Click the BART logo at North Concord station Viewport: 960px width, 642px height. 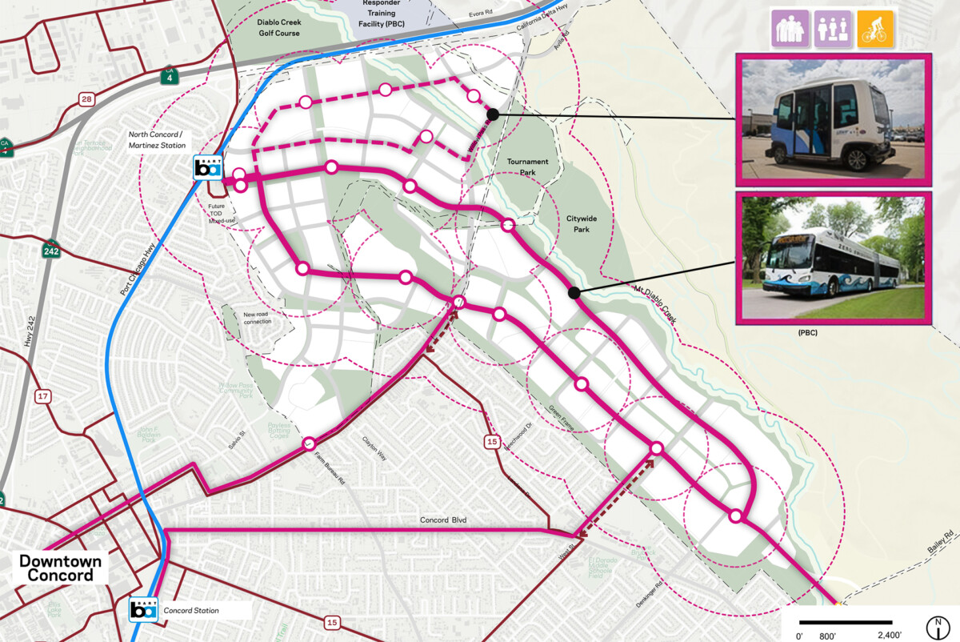point(207,168)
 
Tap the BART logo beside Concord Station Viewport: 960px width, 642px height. point(144,610)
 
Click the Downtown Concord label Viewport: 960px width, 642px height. point(61,568)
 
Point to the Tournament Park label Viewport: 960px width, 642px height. point(528,167)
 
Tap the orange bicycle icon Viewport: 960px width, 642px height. point(874,29)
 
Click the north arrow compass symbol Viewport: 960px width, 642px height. point(934,627)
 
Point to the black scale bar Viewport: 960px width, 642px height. point(846,622)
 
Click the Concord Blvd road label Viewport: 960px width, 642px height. point(442,520)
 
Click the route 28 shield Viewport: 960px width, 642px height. point(87,99)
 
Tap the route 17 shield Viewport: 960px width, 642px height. point(42,396)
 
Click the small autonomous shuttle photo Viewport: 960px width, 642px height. point(833,117)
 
